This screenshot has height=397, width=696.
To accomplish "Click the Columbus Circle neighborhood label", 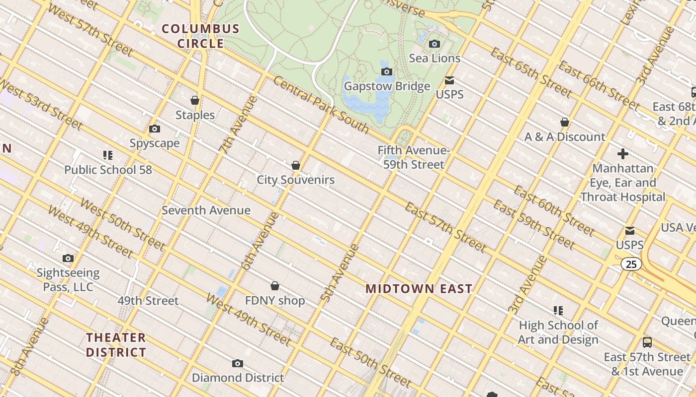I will (x=201, y=36).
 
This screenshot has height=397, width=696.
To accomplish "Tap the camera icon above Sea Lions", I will (x=435, y=44).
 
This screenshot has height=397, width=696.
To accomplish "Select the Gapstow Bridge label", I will (x=387, y=86).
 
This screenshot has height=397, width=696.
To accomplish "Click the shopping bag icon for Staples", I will (x=195, y=100).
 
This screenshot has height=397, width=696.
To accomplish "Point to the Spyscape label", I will (x=155, y=143).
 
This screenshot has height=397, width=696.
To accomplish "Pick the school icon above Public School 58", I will (x=107, y=155).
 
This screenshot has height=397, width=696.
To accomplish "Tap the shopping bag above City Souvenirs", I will (x=296, y=165).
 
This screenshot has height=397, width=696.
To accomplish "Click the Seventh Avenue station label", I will (x=206, y=210).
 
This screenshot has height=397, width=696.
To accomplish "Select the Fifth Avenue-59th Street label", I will (x=414, y=157).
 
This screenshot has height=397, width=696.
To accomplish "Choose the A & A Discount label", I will (x=565, y=137).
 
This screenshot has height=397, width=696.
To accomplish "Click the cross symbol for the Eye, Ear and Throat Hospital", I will (x=622, y=154).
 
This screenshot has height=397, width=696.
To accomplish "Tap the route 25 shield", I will (x=631, y=265).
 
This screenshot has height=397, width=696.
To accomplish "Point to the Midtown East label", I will (x=419, y=289).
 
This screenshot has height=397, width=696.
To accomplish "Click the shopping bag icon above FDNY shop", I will (x=275, y=286).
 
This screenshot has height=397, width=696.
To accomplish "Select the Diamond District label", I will (x=238, y=378).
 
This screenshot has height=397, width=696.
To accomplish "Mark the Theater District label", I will (x=116, y=345).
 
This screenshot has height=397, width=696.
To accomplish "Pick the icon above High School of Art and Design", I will (x=558, y=311).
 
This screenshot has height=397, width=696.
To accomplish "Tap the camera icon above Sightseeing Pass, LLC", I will (x=68, y=258).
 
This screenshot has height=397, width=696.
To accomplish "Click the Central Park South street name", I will (x=321, y=106).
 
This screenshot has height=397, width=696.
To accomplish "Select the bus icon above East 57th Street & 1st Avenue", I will (x=647, y=342).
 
